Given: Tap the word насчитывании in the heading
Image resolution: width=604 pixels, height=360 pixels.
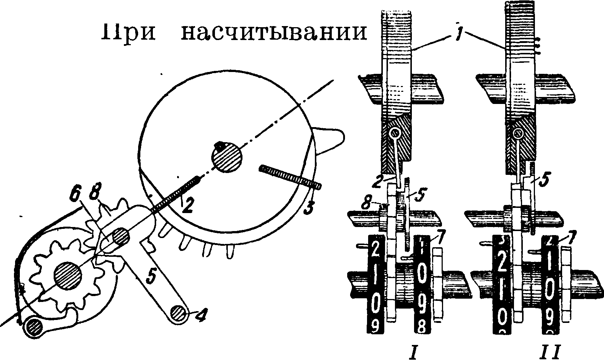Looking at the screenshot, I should [274, 32].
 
